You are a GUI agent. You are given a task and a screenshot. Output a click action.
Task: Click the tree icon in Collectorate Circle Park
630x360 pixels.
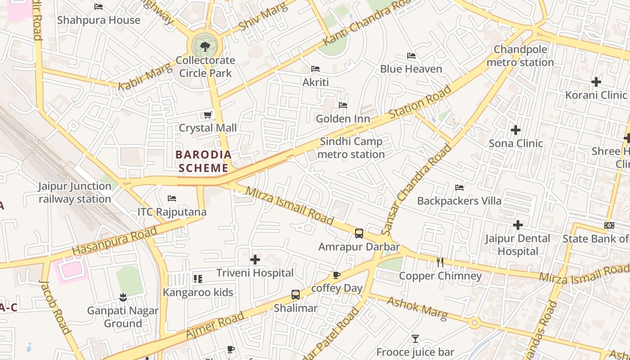[205, 46]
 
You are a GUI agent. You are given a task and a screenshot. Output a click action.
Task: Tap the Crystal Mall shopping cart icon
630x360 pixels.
[207, 115]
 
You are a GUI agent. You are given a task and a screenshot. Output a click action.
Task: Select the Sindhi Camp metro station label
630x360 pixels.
[351, 148]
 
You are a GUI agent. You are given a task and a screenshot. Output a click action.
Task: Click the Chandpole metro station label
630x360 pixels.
[520, 56]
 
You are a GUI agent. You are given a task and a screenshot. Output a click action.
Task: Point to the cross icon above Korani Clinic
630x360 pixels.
[596, 82]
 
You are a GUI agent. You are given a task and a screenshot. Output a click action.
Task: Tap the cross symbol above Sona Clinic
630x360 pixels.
[516, 130]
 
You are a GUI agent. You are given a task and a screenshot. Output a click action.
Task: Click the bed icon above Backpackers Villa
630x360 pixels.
[459, 187]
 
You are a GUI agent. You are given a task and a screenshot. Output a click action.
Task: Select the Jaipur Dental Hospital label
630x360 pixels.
[517, 245]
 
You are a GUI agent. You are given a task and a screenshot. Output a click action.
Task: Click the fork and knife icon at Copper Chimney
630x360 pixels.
[440, 262]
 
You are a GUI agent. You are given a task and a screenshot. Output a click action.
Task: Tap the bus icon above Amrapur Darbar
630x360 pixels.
[359, 233]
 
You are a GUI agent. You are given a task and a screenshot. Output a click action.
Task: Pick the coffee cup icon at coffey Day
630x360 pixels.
[336, 275]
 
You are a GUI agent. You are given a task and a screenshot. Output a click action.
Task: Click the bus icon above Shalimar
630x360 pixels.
[296, 295]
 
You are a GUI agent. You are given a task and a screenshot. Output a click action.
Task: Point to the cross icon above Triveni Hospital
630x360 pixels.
[255, 259]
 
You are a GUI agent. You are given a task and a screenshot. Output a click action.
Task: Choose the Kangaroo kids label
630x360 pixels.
[198, 292]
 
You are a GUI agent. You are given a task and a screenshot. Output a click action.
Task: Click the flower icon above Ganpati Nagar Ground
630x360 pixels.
[122, 297]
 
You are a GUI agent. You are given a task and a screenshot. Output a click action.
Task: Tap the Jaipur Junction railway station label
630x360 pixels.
[75, 193]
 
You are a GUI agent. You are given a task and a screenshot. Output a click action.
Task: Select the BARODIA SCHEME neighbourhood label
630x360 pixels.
[203, 162]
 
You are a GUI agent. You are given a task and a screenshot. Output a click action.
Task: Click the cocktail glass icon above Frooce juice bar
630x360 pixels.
[415, 338]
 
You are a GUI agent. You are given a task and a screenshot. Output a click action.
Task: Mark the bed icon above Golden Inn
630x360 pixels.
[343, 105]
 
